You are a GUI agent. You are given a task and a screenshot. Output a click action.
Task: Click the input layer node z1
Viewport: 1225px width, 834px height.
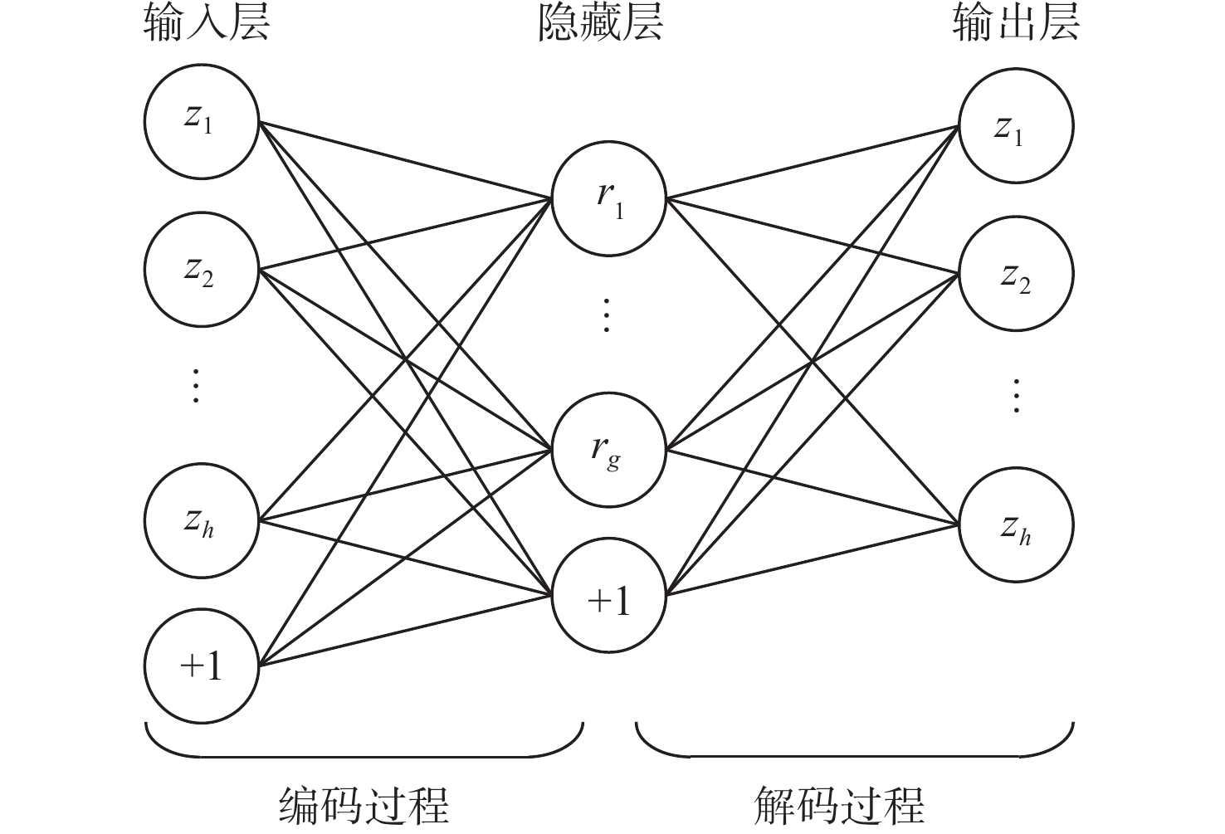tap(201, 121)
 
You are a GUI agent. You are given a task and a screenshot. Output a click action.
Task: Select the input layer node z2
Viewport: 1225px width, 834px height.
tap(201, 270)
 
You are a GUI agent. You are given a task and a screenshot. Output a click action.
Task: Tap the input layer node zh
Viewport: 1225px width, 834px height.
tap(201, 520)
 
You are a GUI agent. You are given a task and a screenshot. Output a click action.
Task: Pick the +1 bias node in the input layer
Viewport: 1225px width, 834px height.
tap(201, 666)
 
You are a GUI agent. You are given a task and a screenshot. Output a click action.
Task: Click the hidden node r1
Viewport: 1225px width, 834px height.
tap(609, 200)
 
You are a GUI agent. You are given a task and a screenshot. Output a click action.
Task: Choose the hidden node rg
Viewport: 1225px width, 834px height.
tap(609, 451)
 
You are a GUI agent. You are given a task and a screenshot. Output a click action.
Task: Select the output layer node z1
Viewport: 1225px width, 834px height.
tap(1016, 126)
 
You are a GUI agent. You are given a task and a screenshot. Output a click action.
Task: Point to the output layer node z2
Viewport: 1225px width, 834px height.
tap(1016, 274)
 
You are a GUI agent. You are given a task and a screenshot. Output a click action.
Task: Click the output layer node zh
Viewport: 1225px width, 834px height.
tap(1016, 525)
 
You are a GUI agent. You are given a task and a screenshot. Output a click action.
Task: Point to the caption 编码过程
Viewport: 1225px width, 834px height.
tap(364, 805)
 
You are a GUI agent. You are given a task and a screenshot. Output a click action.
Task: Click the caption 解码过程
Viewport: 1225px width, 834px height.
tap(840, 805)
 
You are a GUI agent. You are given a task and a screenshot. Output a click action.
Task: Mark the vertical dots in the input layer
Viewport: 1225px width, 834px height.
tap(196, 385)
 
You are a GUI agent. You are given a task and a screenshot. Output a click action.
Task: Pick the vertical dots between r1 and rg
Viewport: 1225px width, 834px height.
tap(607, 315)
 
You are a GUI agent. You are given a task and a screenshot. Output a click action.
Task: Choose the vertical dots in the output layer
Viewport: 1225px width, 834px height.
tap(1016, 396)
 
